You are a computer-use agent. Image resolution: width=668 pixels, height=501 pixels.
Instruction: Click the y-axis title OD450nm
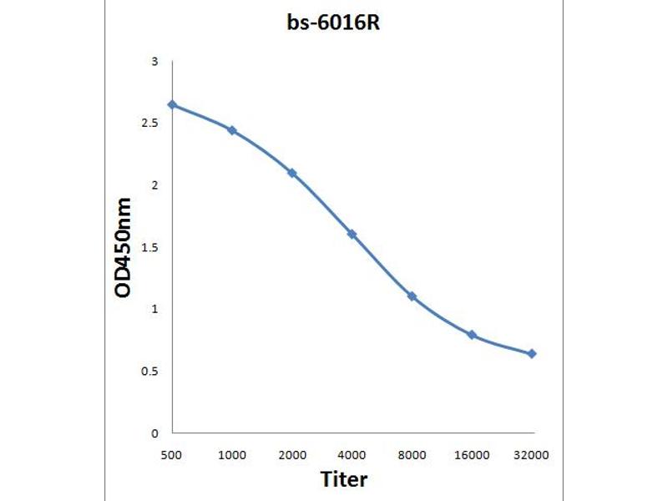[x=123, y=248]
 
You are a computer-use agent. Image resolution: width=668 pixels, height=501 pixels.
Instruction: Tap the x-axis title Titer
[x=344, y=479]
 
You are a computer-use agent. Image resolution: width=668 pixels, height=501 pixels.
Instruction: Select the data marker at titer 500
[x=172, y=104]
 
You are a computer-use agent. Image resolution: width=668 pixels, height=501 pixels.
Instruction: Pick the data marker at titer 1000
[x=232, y=130]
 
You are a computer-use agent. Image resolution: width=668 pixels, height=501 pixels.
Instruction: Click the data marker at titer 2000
[x=292, y=173]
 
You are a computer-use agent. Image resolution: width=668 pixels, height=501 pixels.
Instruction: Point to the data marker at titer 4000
[x=352, y=234]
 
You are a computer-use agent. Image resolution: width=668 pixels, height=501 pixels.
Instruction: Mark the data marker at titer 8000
[x=412, y=296]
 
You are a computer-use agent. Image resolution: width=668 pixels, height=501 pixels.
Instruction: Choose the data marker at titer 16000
[x=473, y=335]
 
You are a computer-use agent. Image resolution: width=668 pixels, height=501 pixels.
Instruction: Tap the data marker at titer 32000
[x=533, y=354]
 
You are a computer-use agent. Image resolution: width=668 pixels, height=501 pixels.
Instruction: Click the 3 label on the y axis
[x=154, y=62]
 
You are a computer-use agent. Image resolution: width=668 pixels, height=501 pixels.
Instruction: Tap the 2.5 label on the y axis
[x=150, y=124]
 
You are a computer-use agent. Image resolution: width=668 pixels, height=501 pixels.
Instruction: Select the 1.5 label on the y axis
[x=150, y=248]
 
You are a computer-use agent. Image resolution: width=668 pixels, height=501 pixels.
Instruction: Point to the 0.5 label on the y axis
[x=150, y=372]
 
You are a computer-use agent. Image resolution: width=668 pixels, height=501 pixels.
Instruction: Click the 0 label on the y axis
[x=154, y=433]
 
